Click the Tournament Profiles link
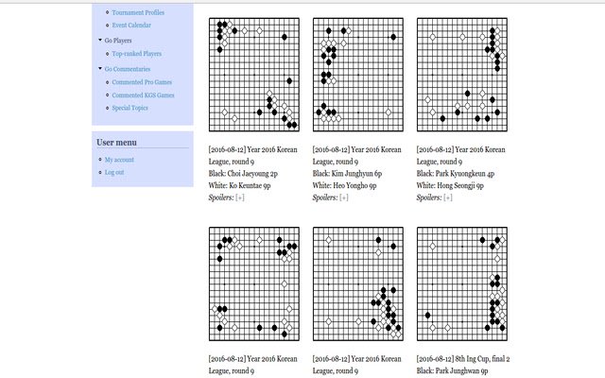[x=138, y=12]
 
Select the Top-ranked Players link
[x=136, y=54]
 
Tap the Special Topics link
[x=130, y=108]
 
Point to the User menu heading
[x=116, y=142]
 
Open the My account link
[x=119, y=160]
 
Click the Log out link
[x=114, y=172]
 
